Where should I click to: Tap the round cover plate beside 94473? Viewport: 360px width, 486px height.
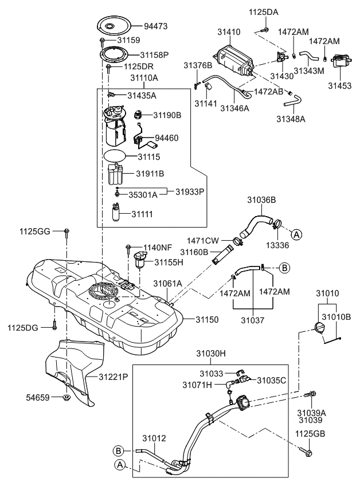click(114, 26)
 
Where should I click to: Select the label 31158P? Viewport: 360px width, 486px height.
click(154, 55)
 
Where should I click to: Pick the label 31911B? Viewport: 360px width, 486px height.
click(150, 173)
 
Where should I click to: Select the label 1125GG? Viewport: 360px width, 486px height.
click(35, 231)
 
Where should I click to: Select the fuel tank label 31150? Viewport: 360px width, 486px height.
click(208, 318)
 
